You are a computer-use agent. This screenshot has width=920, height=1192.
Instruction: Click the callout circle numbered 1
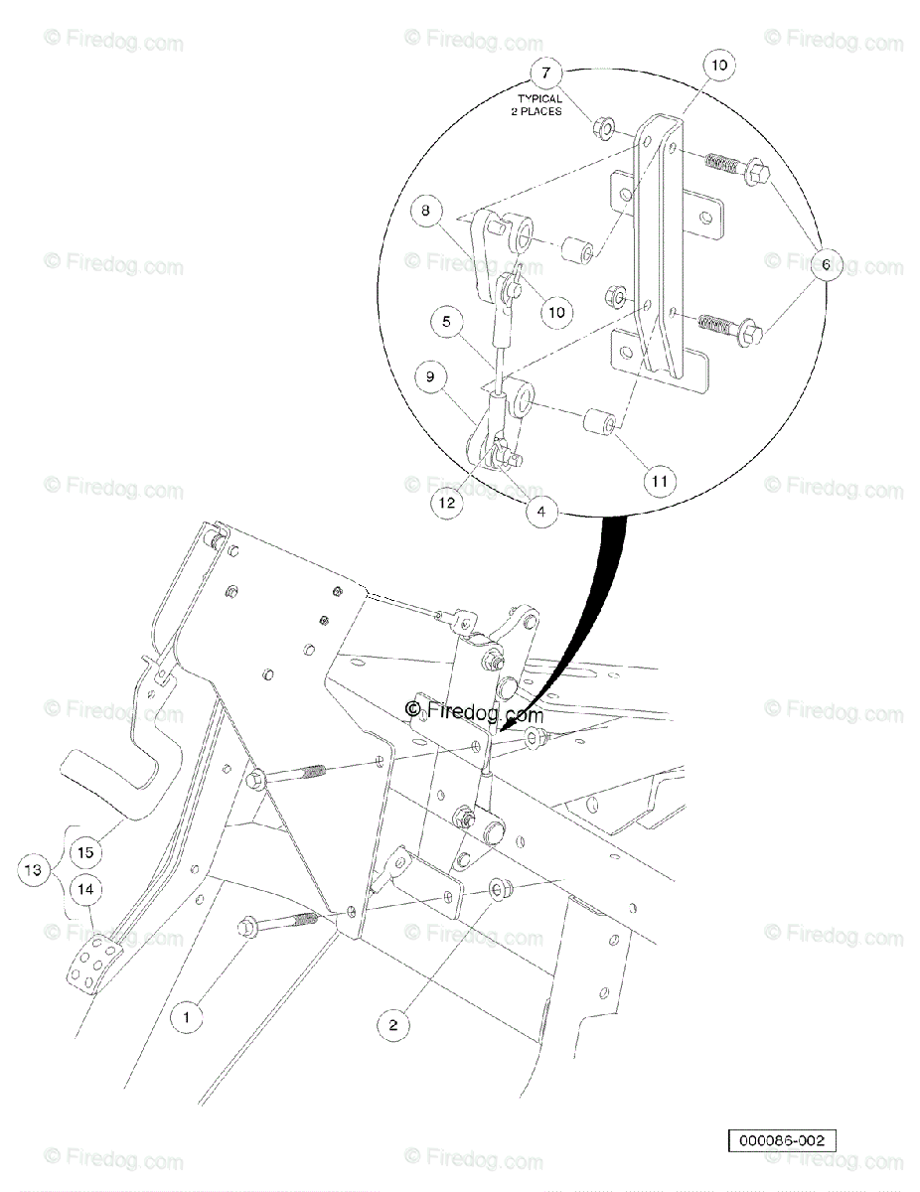185,1016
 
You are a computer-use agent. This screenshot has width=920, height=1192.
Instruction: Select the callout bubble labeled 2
392,1025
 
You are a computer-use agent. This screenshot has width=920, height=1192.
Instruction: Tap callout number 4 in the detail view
540,514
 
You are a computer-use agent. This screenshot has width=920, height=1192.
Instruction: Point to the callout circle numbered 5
448,322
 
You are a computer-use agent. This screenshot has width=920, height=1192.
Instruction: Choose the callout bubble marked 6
826,265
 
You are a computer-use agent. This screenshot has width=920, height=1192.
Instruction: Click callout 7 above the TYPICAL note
545,73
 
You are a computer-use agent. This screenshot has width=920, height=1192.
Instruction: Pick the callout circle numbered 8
424,211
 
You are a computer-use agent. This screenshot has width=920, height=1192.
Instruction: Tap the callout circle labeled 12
448,503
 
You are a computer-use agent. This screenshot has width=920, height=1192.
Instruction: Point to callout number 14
86,889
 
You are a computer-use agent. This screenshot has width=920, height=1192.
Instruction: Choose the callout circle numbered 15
86,852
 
